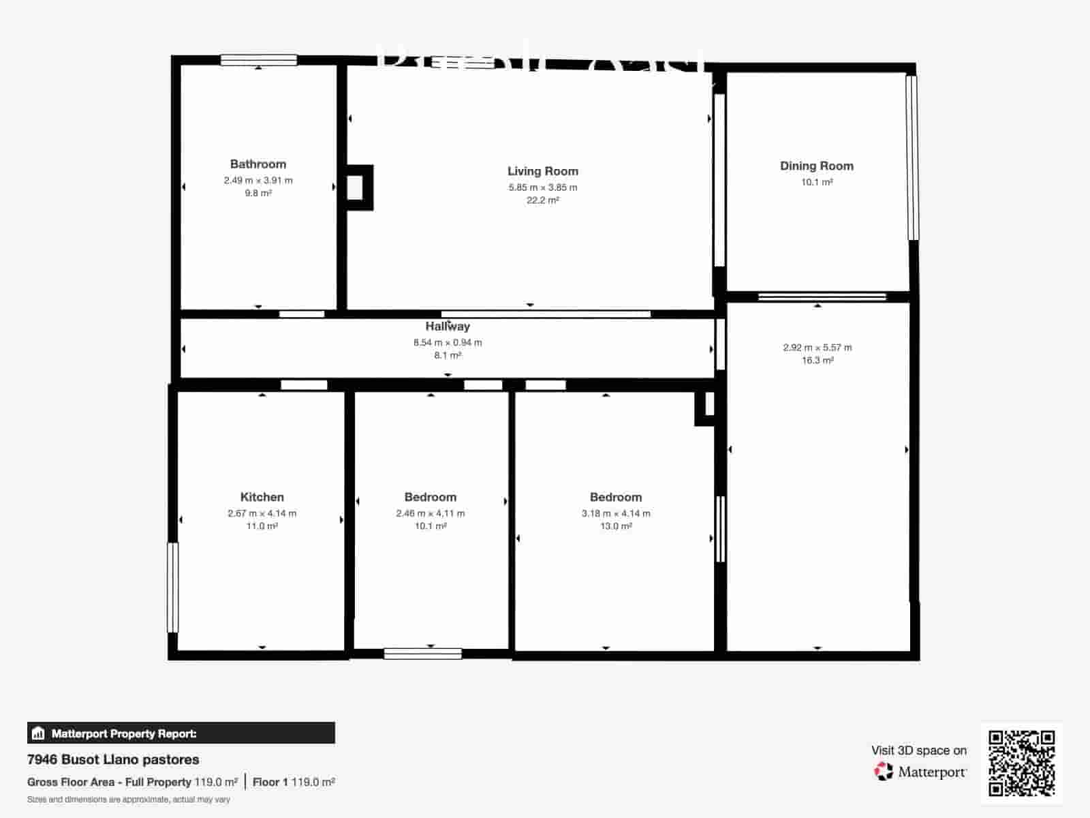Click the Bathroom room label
point(258,164)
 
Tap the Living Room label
point(542,171)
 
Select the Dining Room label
point(816,166)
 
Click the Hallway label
point(448,327)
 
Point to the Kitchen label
point(262,497)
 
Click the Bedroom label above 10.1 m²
point(430,497)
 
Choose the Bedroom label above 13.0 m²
point(615,497)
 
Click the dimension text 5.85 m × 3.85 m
point(542,187)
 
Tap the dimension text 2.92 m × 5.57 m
point(817,348)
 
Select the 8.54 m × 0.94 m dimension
point(448,343)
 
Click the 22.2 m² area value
point(542,200)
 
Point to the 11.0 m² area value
point(262,526)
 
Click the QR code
point(1021,763)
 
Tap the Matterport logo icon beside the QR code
point(884,772)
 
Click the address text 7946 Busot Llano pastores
point(113,759)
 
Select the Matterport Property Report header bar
point(181,733)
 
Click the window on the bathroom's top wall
point(258,60)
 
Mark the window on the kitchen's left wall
point(172,587)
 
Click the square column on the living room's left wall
point(356,187)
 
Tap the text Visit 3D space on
point(918,751)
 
